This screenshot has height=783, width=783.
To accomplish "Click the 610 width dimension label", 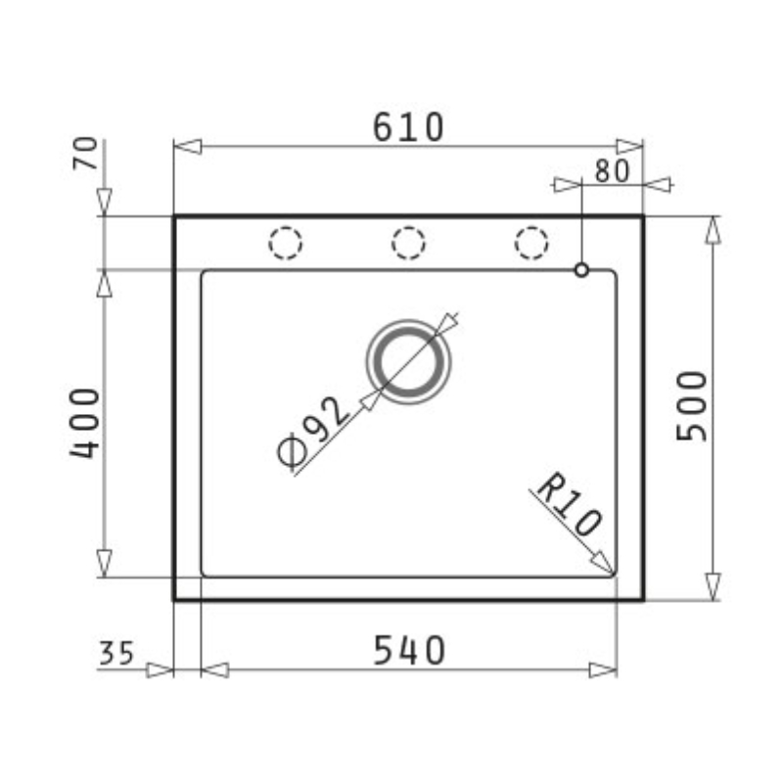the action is point(408,127).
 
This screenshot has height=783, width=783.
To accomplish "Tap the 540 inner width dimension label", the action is point(409,651).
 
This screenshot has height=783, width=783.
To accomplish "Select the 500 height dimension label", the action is point(692,406).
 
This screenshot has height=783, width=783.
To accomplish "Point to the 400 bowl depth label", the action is point(85,424).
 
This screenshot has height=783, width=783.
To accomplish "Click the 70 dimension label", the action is point(85,153).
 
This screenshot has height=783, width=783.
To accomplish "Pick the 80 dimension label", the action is point(613,171).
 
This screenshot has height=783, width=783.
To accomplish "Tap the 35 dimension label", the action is point(116,653).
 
